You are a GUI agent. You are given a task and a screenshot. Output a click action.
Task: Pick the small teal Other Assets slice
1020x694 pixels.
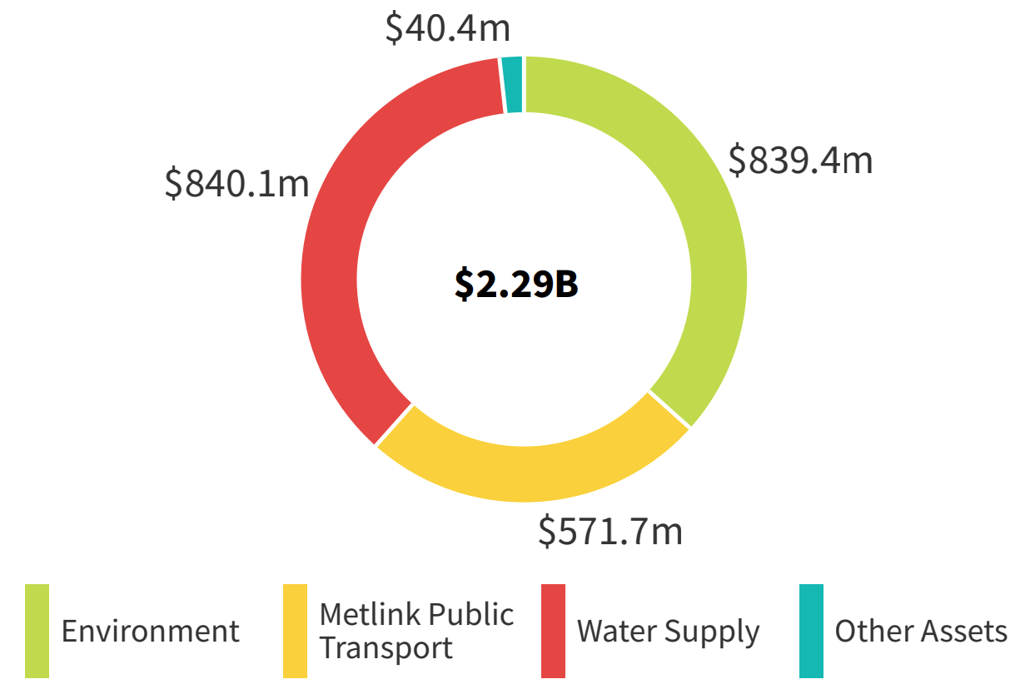tap(513, 84)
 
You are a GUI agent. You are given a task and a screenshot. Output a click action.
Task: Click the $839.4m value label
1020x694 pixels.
tap(800, 159)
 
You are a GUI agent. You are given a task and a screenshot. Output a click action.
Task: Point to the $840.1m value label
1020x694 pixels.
tap(236, 183)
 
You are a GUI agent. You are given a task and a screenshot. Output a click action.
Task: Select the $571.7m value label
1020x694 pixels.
tap(610, 531)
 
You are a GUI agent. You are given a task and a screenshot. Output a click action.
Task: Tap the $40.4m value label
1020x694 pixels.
tap(448, 27)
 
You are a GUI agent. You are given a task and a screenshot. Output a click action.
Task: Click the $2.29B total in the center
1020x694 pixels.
tap(516, 284)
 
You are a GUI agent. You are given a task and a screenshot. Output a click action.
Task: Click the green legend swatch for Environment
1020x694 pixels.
tap(37, 631)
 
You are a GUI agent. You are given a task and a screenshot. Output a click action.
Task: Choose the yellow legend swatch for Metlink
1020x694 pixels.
tap(295, 631)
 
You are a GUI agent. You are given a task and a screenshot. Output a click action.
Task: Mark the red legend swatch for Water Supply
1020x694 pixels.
tap(553, 631)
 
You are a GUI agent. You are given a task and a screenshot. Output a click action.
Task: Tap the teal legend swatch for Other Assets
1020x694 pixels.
tap(811, 631)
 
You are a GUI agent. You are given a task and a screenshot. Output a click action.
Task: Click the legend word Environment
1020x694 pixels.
tap(151, 631)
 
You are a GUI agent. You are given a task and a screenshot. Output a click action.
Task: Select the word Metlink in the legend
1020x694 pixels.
tap(366, 615)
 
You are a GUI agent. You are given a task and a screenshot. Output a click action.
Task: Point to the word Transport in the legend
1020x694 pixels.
tap(386, 647)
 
